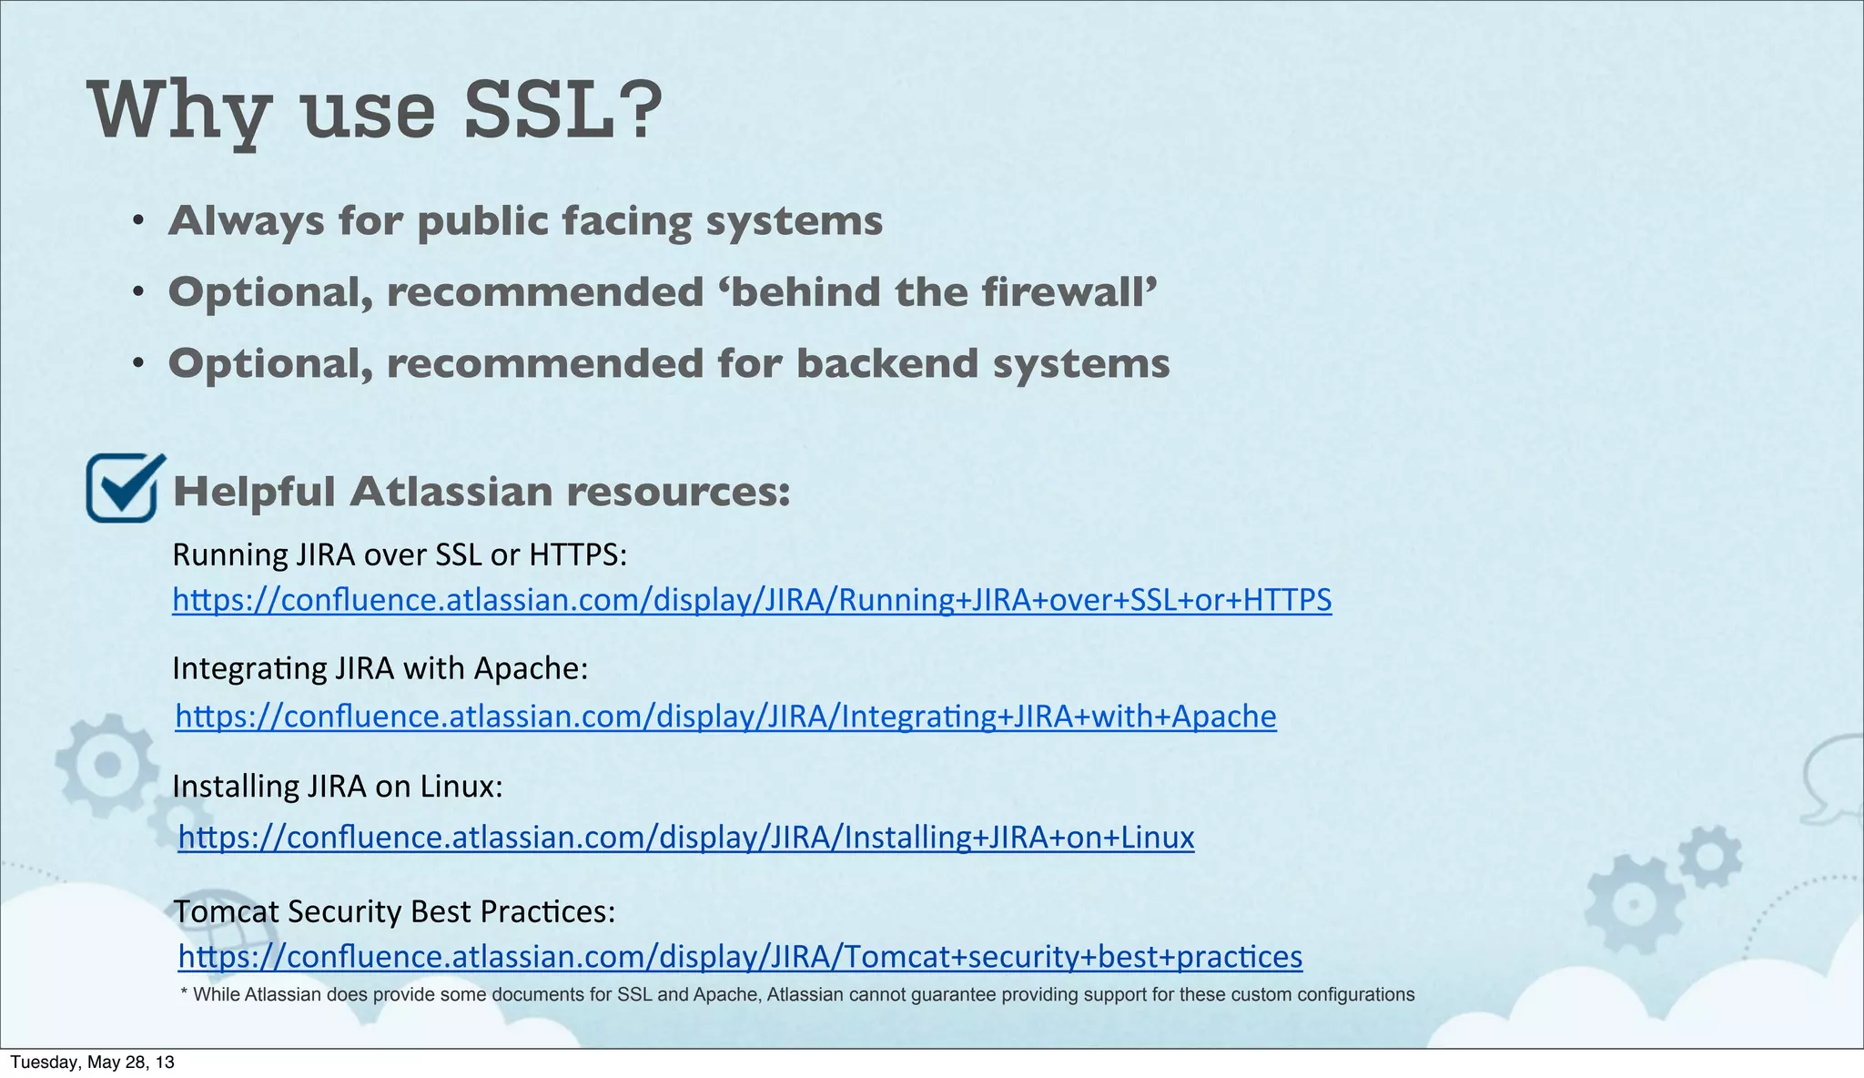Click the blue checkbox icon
tap(123, 489)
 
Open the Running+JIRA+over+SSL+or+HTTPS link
tap(752, 600)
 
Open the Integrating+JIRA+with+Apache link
tap(725, 717)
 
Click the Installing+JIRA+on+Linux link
tap(685, 837)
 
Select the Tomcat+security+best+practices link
tap(740, 957)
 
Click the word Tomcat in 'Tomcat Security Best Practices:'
tap(226, 911)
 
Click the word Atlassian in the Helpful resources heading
tap(451, 492)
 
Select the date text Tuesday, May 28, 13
tap(92, 1063)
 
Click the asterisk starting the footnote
tap(185, 993)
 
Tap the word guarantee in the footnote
tap(951, 995)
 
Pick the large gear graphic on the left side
tap(107, 765)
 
